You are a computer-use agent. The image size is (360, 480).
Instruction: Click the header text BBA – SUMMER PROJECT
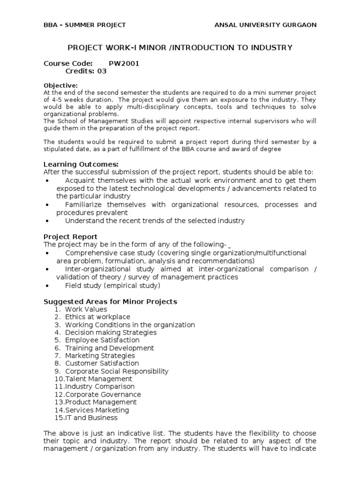84,25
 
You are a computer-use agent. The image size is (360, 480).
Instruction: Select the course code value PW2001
124,63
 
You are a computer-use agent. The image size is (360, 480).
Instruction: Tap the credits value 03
102,71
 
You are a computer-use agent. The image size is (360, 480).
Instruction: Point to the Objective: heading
60,85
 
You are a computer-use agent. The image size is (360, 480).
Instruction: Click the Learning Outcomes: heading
81,164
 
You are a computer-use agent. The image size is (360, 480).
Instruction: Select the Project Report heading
70,237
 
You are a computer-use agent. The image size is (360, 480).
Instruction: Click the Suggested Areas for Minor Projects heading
110,301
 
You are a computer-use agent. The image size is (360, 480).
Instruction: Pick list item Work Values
86,309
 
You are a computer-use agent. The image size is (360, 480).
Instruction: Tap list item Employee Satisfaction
102,340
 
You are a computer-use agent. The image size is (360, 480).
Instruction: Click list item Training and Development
109,348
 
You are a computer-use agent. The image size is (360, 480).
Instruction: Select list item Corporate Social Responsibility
116,371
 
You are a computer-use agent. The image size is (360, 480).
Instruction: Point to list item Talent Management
98,379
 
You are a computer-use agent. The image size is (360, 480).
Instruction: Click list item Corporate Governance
103,394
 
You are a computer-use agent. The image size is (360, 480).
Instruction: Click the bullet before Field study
48,285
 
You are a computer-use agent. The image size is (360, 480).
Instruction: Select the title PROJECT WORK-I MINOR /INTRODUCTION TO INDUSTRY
180,47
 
